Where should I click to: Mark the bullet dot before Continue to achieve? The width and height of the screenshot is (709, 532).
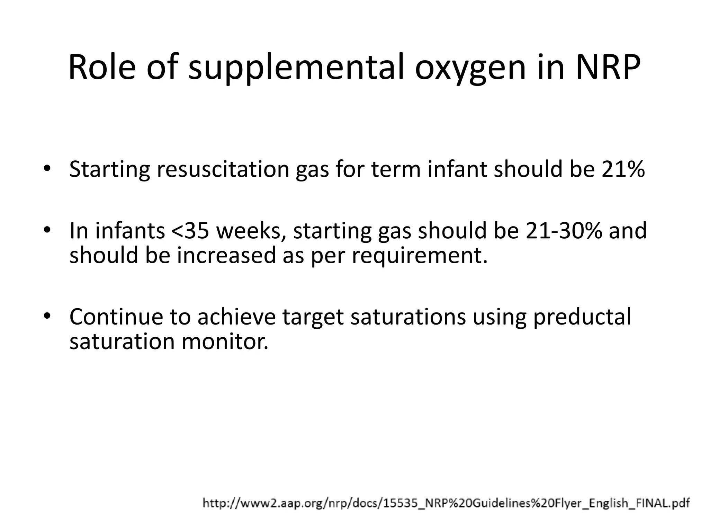coord(47,316)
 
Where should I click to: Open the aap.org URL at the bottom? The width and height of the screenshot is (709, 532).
coord(446,503)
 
